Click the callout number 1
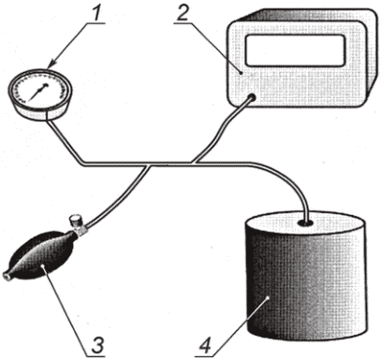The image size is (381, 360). point(97,12)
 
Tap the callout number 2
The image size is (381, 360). point(182,12)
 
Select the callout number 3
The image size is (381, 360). point(97,345)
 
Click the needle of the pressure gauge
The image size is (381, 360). point(38,93)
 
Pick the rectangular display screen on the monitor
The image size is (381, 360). point(295,50)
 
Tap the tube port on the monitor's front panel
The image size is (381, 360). point(251,98)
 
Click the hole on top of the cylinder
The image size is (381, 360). point(306,223)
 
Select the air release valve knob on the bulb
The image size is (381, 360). point(75,221)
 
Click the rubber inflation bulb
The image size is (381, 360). point(42,254)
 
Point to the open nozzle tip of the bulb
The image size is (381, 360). point(6,276)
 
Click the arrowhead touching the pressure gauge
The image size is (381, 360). point(51,64)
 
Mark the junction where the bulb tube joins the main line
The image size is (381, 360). point(151,165)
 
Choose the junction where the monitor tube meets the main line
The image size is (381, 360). point(195,162)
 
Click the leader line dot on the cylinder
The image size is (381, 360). point(268,298)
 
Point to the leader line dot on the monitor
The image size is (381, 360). point(242,72)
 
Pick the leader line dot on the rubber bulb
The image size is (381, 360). point(42,266)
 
